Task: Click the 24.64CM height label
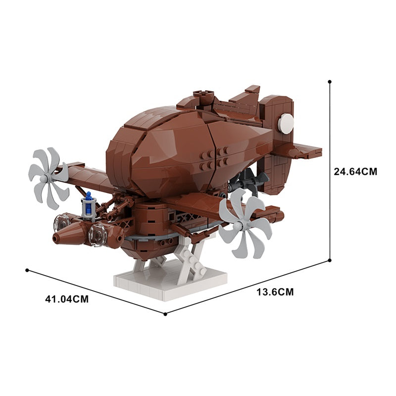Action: point(355,171)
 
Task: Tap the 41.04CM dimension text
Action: point(67,299)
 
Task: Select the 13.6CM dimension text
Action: point(275,292)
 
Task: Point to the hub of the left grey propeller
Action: point(45,179)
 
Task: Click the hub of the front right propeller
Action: point(238,226)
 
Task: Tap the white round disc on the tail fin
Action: point(286,123)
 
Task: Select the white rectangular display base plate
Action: point(171,281)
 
